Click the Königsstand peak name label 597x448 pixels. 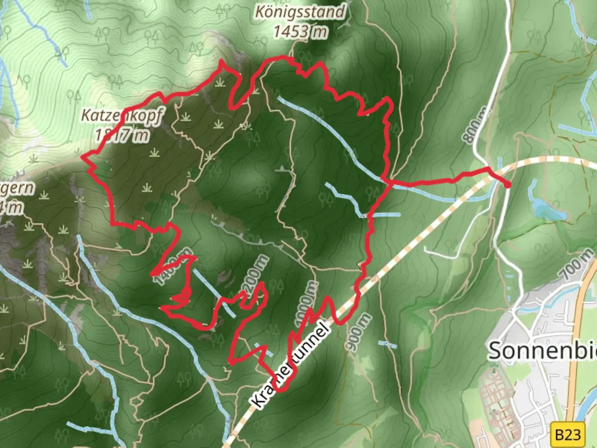(300, 12)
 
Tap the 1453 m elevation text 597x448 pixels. (300, 32)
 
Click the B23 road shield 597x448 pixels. (568, 435)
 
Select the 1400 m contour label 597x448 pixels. (173, 266)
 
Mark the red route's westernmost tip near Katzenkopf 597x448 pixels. (82, 156)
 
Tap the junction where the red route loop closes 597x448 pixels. (388, 181)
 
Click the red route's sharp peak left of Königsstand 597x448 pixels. (221, 62)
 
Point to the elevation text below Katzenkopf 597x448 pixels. (122, 135)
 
